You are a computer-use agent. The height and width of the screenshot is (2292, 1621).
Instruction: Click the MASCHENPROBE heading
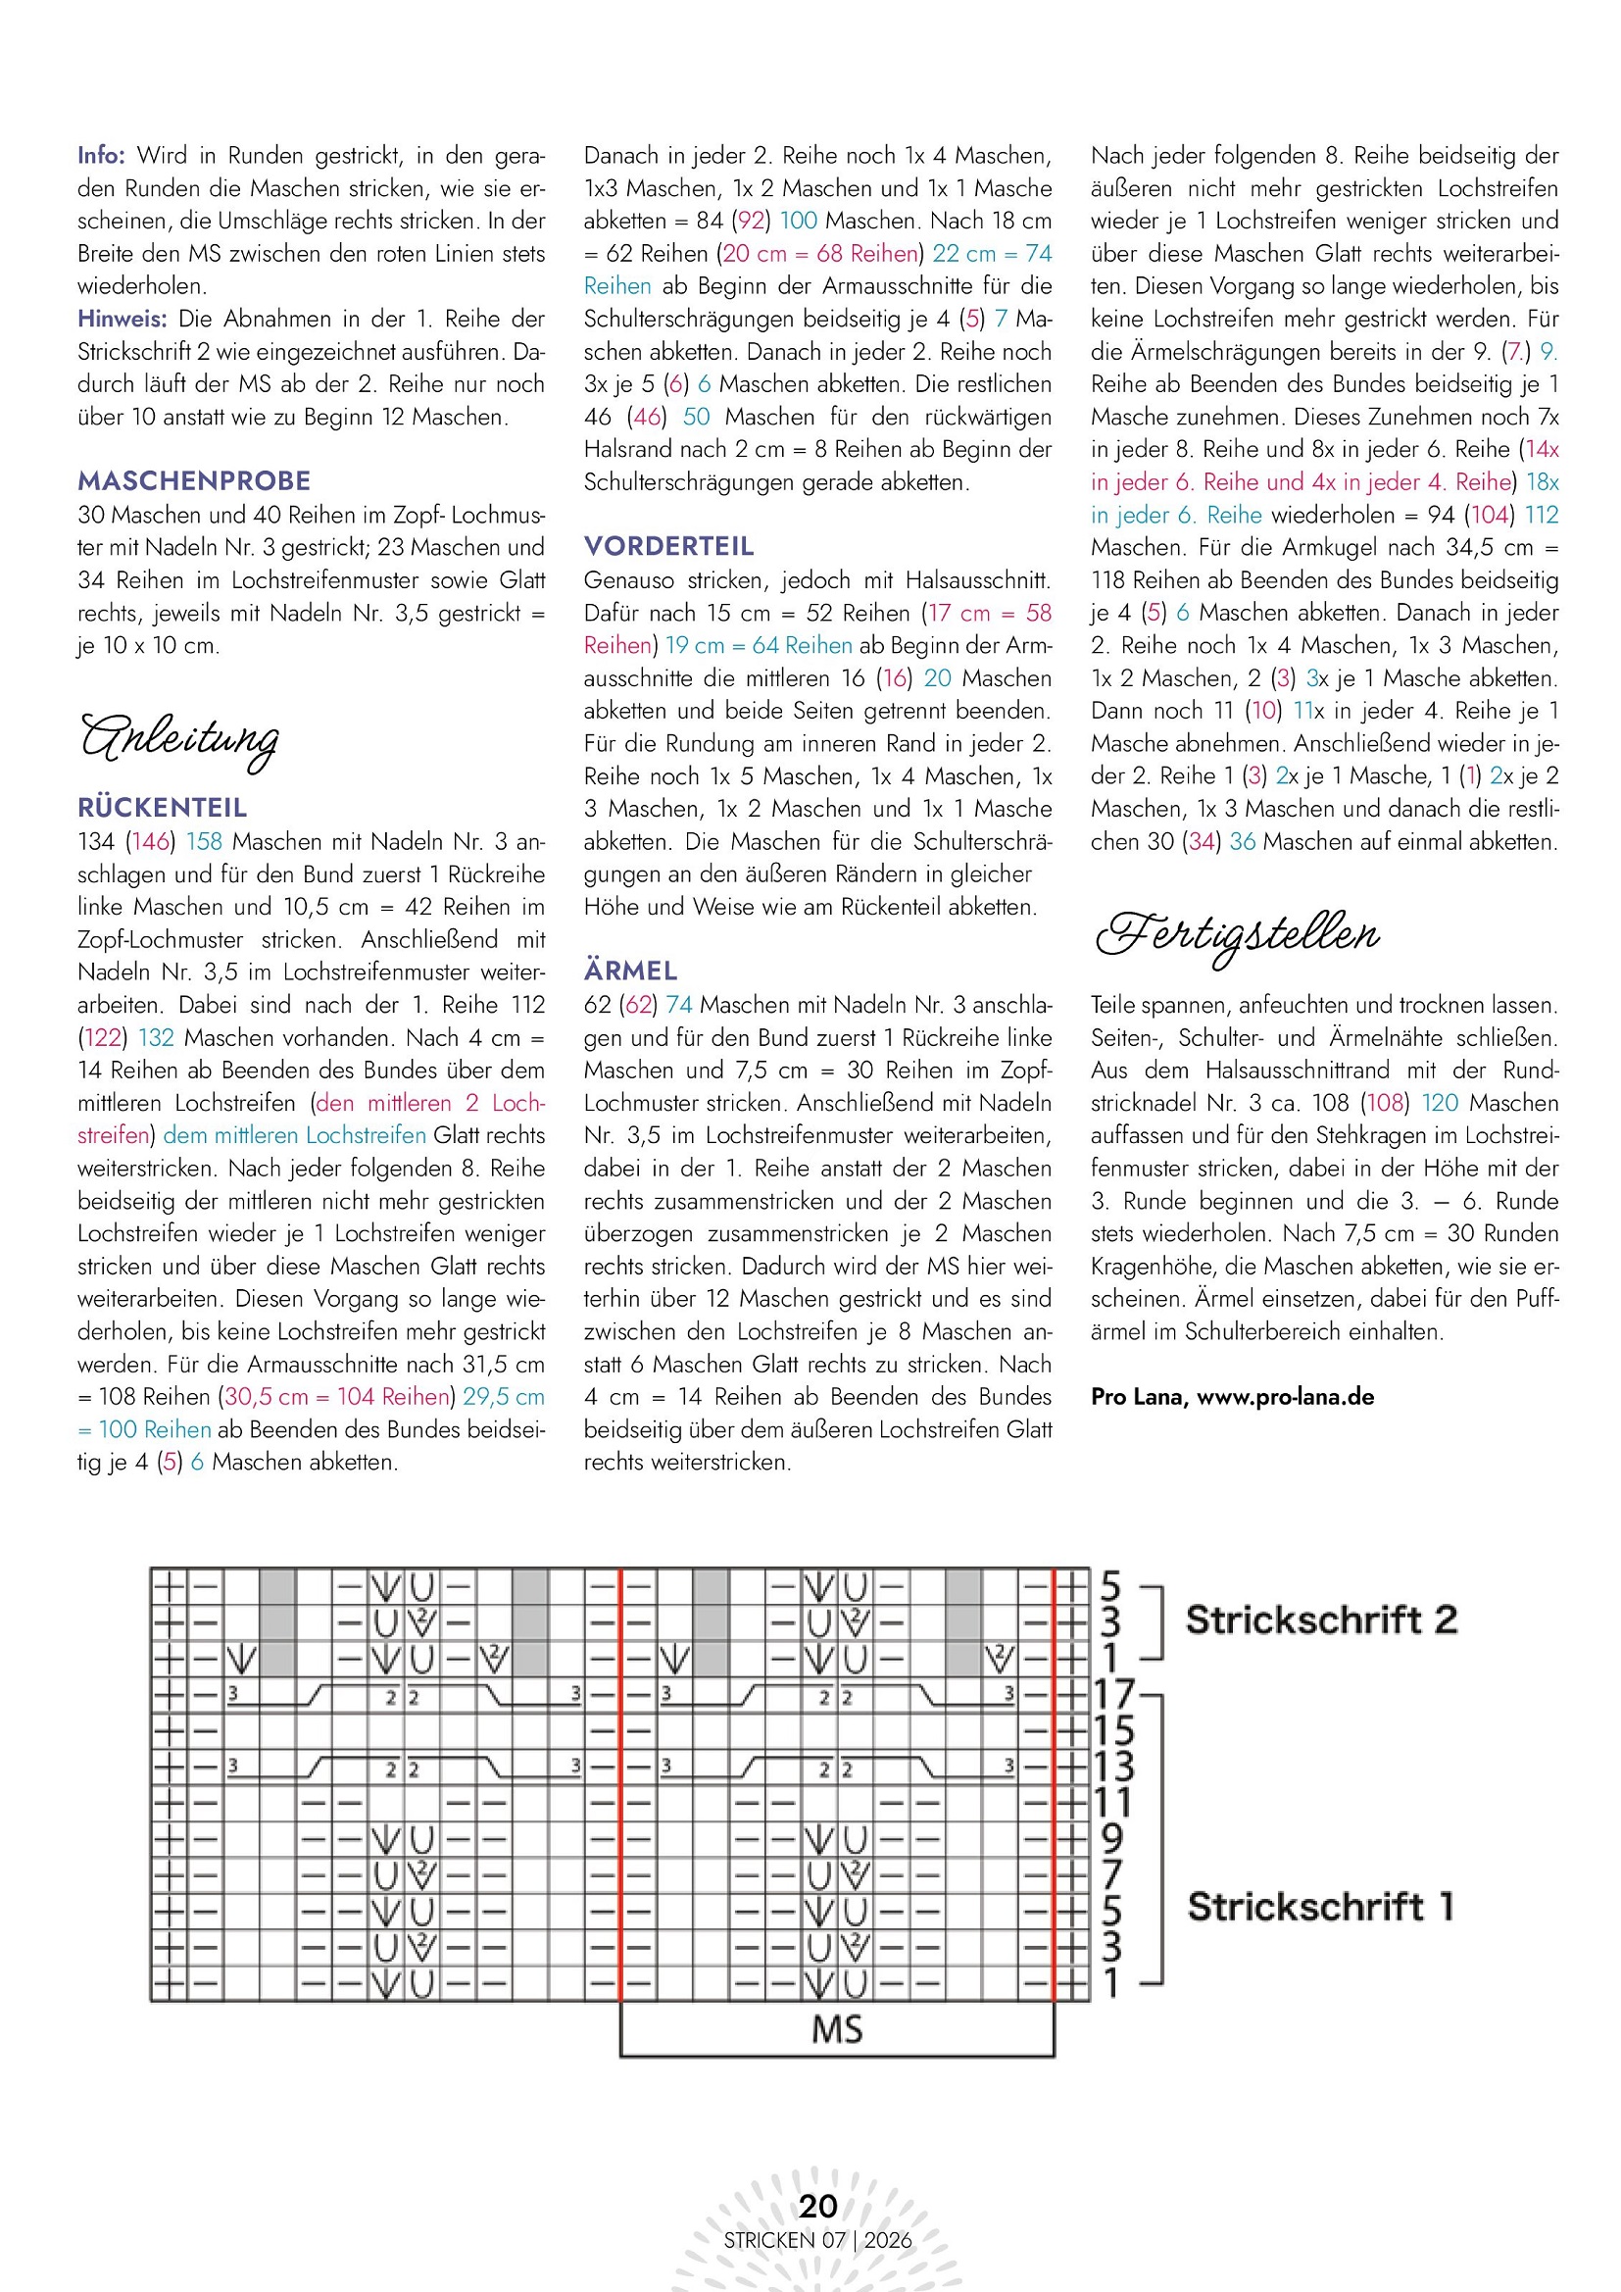pyautogui.click(x=194, y=481)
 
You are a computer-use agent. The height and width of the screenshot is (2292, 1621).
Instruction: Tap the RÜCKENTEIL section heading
pyautogui.click(x=162, y=808)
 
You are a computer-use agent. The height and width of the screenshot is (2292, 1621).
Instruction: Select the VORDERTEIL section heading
pyautogui.click(x=668, y=546)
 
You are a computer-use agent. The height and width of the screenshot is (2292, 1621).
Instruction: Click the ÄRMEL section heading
pyautogui.click(x=631, y=971)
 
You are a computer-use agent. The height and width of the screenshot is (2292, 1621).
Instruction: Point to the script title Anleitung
pyautogui.click(x=179, y=740)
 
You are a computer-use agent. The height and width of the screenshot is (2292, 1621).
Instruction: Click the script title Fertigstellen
pyautogui.click(x=1238, y=935)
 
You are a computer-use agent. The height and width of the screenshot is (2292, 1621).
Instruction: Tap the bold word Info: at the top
pyautogui.click(x=101, y=156)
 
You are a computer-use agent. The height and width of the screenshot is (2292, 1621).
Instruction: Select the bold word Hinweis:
pyautogui.click(x=122, y=320)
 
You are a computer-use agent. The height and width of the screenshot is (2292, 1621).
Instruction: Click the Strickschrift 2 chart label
pyautogui.click(x=1320, y=1619)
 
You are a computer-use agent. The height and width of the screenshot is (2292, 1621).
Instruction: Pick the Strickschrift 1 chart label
pyautogui.click(x=1319, y=1907)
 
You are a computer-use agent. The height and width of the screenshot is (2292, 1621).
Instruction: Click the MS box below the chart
pyautogui.click(x=836, y=2029)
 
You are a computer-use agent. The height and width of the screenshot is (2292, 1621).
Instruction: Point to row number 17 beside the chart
pyautogui.click(x=1115, y=1695)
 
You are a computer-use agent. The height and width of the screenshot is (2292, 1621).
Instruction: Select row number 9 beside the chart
pyautogui.click(x=1110, y=1839)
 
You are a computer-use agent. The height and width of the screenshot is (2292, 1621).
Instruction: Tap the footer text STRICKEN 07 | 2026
pyautogui.click(x=817, y=2240)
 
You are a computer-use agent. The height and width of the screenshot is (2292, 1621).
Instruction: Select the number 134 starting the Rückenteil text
pyautogui.click(x=97, y=841)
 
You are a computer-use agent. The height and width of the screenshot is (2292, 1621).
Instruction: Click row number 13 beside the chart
pyautogui.click(x=1114, y=1767)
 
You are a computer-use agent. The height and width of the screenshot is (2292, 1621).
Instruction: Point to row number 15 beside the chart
pyautogui.click(x=1114, y=1731)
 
